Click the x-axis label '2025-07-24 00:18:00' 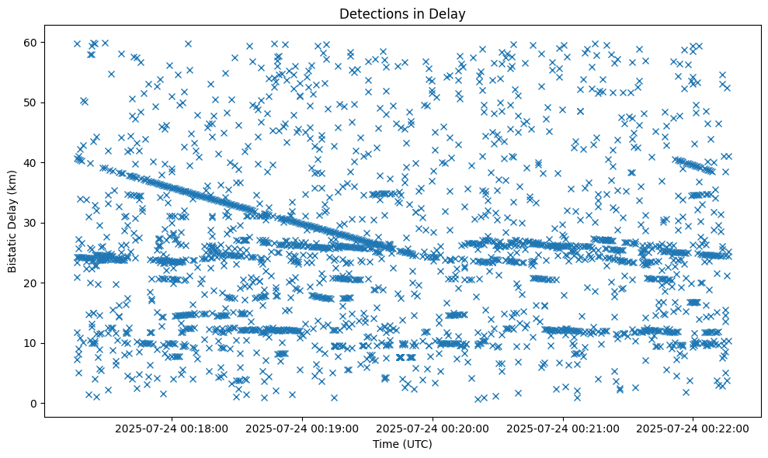(x=172, y=428)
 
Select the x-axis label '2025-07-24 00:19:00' (x=303, y=428)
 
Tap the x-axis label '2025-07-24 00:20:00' (x=433, y=428)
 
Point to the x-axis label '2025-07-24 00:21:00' (x=564, y=428)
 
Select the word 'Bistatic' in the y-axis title (x=13, y=251)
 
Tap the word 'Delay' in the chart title (x=449, y=13)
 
